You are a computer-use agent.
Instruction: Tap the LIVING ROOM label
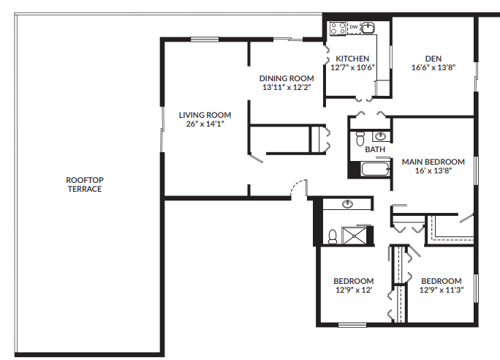tap(205, 115)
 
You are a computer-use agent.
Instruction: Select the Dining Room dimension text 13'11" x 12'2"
tap(288, 87)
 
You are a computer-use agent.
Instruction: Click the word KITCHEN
tap(352, 59)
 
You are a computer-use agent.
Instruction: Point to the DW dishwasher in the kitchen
tap(353, 27)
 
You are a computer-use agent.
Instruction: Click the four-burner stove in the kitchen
tap(338, 29)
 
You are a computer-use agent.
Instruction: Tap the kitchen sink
tap(368, 28)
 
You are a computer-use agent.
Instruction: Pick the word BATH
tap(375, 149)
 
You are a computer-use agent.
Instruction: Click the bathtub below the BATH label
tap(376, 170)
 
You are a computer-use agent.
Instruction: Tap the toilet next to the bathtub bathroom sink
tap(359, 138)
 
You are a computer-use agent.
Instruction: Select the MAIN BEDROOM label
tap(433, 162)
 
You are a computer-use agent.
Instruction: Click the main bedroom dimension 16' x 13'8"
tap(433, 170)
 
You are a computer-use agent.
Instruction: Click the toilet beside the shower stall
tap(333, 236)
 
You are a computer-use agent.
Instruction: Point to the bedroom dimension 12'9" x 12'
tap(354, 290)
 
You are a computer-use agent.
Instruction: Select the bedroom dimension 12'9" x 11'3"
tap(442, 290)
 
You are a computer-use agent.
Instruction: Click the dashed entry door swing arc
tap(295, 184)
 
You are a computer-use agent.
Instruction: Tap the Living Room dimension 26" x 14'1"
tap(205, 124)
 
